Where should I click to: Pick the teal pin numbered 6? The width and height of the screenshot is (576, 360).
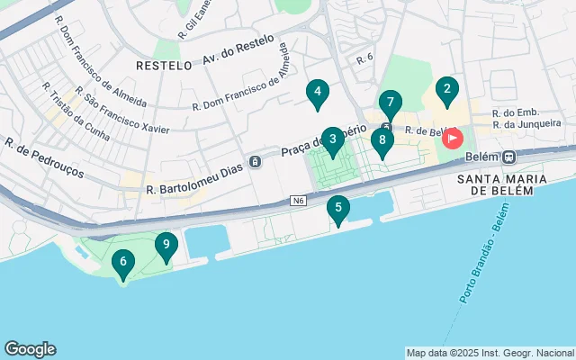pyautogui.click(x=122, y=263)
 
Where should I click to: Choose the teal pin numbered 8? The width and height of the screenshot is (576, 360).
pyautogui.click(x=382, y=141)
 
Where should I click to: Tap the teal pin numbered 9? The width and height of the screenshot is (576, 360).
pyautogui.click(x=166, y=245)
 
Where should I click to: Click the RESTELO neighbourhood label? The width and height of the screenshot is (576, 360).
pyautogui.click(x=163, y=66)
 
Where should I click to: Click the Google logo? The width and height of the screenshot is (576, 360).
pyautogui.click(x=30, y=349)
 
